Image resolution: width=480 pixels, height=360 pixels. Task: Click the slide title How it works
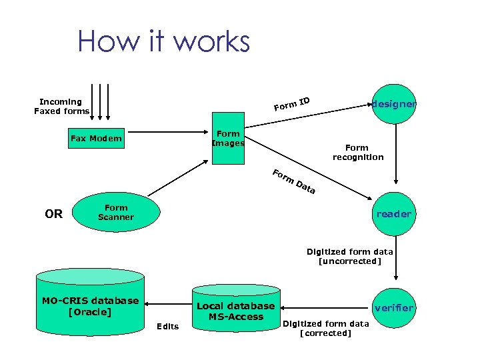click(163, 41)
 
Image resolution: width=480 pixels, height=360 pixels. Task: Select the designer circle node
click(395, 104)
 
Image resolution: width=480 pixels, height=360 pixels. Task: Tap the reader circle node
click(394, 214)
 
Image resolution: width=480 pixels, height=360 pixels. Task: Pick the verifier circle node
click(394, 308)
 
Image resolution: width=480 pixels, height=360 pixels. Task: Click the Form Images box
click(228, 139)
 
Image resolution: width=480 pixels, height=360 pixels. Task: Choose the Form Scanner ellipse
click(116, 213)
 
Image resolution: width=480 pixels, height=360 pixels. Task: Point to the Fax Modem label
click(96, 139)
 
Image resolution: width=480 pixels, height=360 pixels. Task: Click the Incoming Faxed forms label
click(61, 107)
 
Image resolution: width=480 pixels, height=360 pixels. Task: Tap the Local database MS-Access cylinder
click(236, 310)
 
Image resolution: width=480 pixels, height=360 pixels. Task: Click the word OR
click(53, 214)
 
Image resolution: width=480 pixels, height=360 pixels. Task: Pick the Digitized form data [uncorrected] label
click(350, 256)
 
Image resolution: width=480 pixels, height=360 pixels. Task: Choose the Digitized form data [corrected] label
click(326, 329)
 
